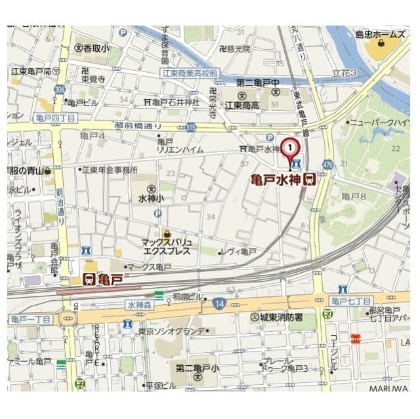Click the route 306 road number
pyautogui.click(x=60, y=90)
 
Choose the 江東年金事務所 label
pyautogui.click(x=109, y=170)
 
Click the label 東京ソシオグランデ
pyautogui.click(x=173, y=330)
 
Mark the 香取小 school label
pyautogui.click(x=93, y=48)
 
